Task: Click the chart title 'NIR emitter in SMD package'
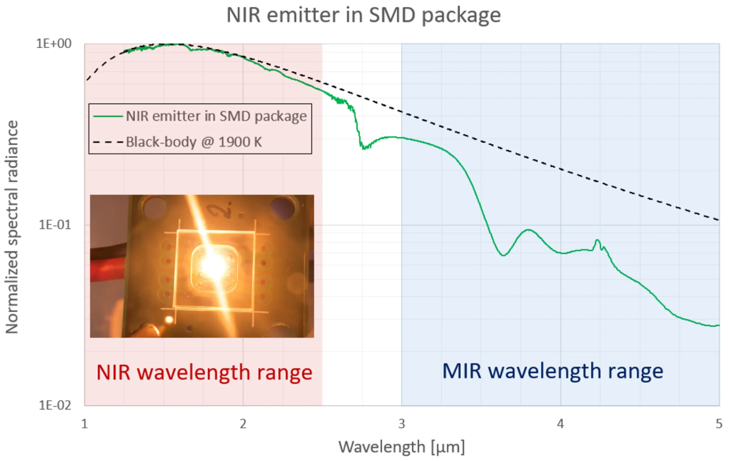coord(364,15)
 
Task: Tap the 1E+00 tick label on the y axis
coord(54,44)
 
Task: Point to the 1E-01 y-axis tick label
coord(54,225)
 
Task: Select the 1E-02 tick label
coord(54,405)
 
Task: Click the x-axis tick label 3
coord(401,424)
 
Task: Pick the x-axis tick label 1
coord(84,424)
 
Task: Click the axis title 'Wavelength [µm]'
coord(401,447)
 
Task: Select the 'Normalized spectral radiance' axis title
coord(12,227)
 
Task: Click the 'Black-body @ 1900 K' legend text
coord(194,142)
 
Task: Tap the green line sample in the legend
coord(108,116)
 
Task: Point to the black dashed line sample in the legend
coord(108,142)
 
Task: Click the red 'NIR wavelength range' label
coord(204,372)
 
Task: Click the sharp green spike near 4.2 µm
coord(597,241)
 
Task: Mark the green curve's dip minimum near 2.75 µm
coord(363,148)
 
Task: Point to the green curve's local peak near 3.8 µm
coord(528,230)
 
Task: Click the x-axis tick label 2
coord(243,424)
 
